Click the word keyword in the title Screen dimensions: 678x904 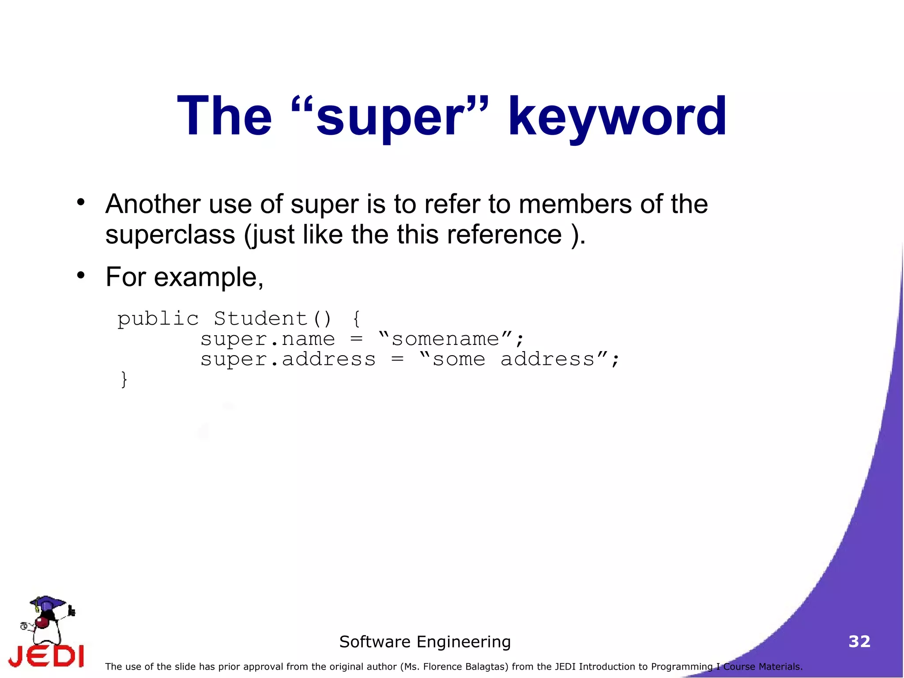pos(617,117)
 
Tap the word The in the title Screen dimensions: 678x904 pos(224,117)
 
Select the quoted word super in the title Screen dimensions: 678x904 pos(390,117)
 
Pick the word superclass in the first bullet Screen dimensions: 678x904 pos(170,235)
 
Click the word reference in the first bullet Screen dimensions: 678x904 pos(504,235)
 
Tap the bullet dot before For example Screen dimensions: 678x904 pos(80,275)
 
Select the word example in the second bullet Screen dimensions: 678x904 pos(208,278)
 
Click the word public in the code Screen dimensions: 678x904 pos(158,319)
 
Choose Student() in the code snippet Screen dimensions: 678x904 pos(272,319)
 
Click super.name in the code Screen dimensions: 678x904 pos(267,339)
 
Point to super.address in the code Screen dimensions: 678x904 pos(288,360)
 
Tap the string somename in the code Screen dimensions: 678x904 pos(445,339)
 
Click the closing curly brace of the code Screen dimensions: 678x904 pos(124,379)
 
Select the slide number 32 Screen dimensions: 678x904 pos(859,641)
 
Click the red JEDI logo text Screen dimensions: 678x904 pos(46,656)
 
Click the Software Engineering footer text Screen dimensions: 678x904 pos(425,642)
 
